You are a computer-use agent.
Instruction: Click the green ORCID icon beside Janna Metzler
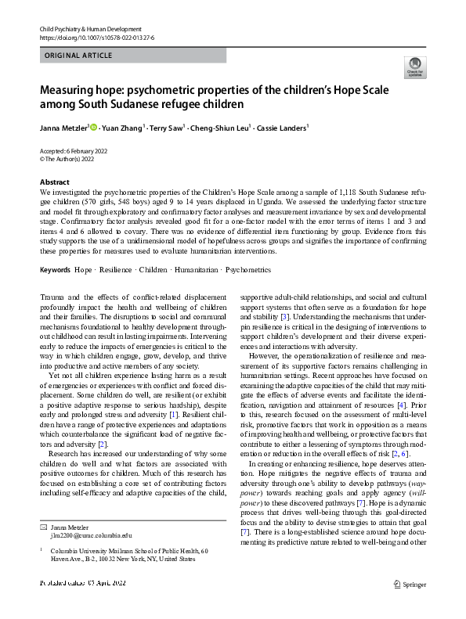pos(93,126)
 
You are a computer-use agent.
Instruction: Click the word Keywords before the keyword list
pos(55,269)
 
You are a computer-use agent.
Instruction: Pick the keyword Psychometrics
pos(251,269)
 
